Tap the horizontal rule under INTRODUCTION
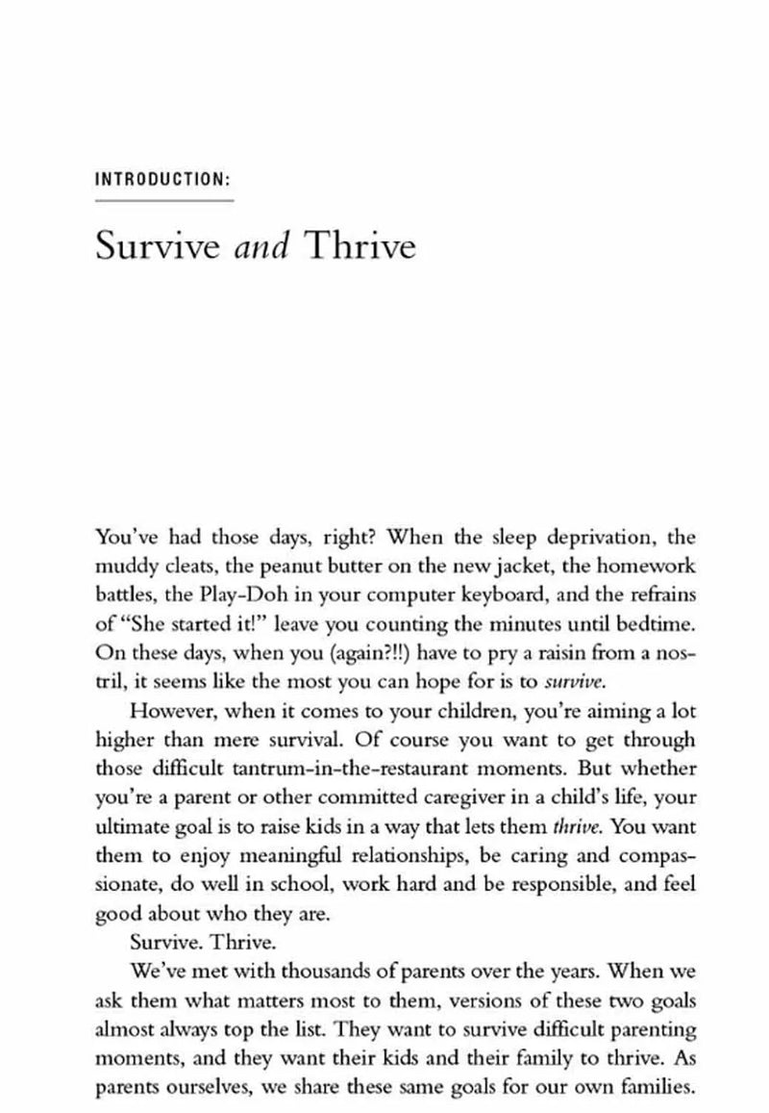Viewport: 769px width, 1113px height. click(163, 200)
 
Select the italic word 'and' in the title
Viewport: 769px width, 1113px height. click(261, 247)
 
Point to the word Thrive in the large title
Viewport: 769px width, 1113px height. click(360, 247)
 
